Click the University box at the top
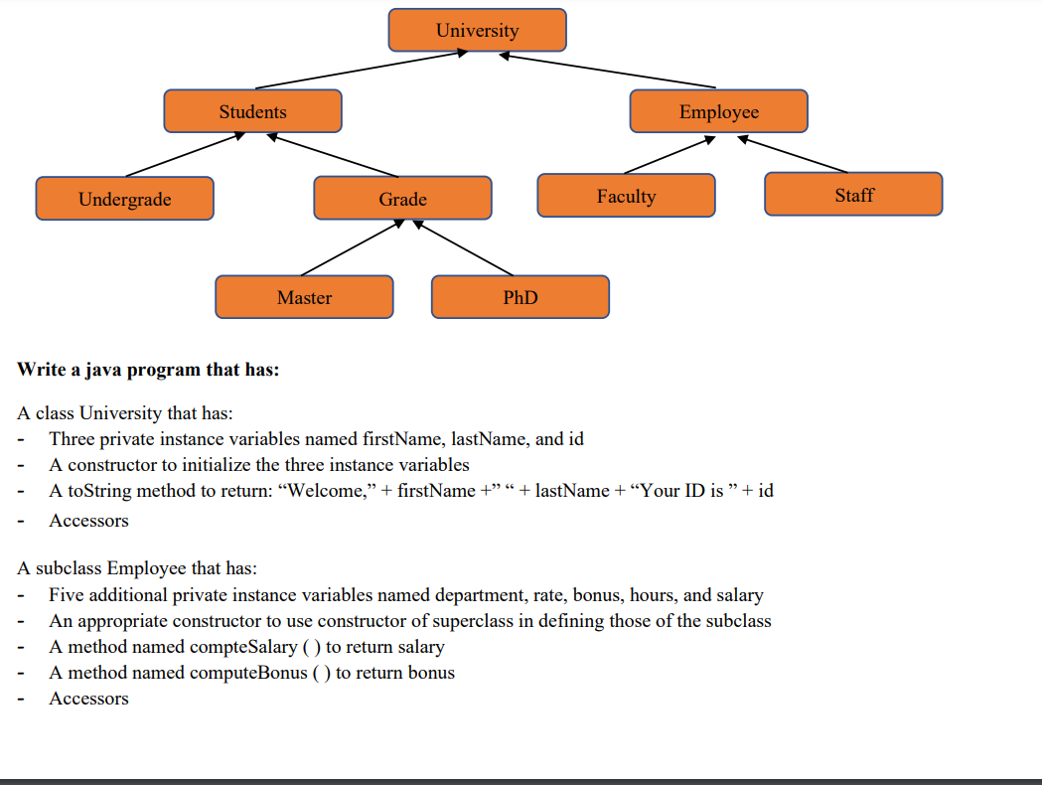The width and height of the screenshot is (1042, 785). coord(477,30)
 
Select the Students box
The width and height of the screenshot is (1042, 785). coord(252,111)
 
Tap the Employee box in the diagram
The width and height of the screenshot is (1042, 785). coord(718,111)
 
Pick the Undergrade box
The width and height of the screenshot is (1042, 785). coord(124,199)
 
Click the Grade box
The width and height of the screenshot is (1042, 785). coord(402,199)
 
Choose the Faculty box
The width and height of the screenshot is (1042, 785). coord(626,196)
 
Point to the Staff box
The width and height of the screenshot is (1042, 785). coord(853,195)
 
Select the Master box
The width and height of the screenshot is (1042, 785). coord(304,297)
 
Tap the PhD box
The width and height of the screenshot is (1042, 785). coord(520,297)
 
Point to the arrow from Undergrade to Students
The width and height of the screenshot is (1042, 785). coord(185,154)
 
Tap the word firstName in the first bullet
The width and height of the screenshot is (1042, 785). coord(405,438)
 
